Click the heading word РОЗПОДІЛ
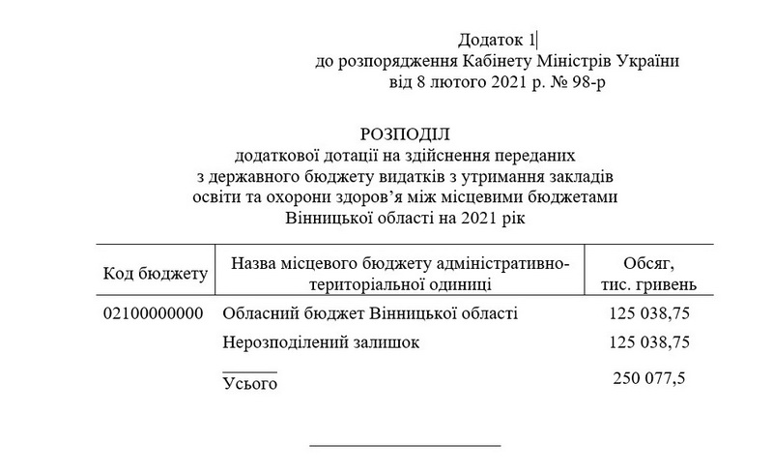pyautogui.click(x=406, y=133)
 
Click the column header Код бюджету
pyautogui.click(x=156, y=274)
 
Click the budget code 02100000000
pyautogui.click(x=152, y=314)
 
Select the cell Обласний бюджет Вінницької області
pyautogui.click(x=370, y=314)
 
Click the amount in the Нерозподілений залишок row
pyautogui.click(x=648, y=342)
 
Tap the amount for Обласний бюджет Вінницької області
pyautogui.click(x=648, y=314)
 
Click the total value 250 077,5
pyautogui.click(x=649, y=377)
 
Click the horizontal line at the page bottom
pyautogui.click(x=405, y=446)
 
